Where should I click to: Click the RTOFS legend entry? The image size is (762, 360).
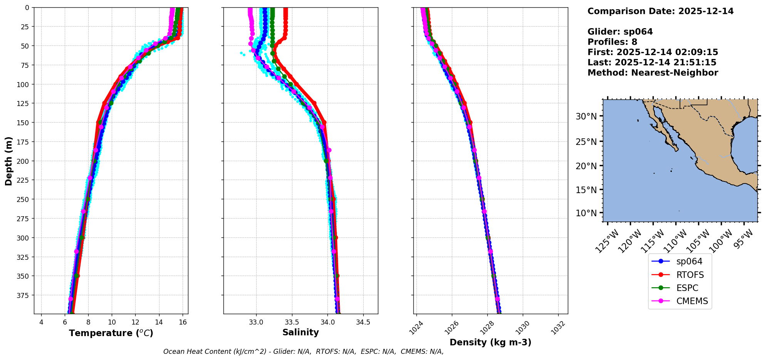coord(690,275)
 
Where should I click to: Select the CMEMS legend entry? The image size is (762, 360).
coord(692,301)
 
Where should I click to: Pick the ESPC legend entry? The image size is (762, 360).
coord(687,288)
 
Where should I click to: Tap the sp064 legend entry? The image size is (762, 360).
coord(689,261)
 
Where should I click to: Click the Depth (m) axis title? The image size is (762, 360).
coord(8,161)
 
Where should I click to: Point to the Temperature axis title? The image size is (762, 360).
coord(111,333)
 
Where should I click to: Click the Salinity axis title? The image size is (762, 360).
coord(300,332)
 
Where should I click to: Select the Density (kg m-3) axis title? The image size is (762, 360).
coord(490,342)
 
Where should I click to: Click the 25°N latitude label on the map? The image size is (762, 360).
coord(586,142)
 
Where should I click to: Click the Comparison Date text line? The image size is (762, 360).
coord(660,11)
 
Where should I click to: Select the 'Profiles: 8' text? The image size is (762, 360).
coord(612,42)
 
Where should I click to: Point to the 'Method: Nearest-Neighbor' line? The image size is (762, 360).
coord(653,73)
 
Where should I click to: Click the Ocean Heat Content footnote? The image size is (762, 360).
coord(303,352)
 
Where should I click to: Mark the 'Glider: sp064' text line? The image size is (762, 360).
coord(620,32)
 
